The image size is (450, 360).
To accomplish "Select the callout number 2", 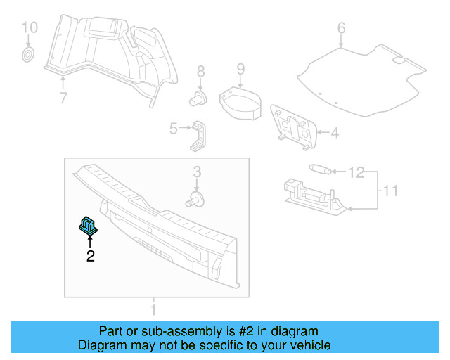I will [90, 257].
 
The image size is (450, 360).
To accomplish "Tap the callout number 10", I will [28, 28].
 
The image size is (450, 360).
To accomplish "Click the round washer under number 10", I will [27, 54].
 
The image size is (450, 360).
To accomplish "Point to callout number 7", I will [63, 98].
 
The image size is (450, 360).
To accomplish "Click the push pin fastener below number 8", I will [199, 97].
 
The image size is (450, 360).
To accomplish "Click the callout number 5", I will [173, 128].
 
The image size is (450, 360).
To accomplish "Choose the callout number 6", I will [342, 29].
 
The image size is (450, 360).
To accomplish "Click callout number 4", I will [335, 132].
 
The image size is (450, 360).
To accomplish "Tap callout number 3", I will [198, 172].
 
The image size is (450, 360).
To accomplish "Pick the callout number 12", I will [357, 172].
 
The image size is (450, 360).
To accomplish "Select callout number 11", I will [392, 190].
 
